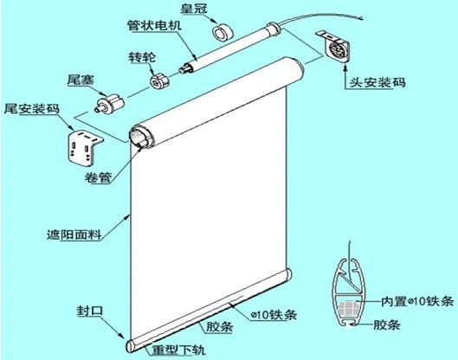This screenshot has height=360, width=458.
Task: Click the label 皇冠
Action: coord(193,9)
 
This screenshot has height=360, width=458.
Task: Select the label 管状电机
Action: coord(154,25)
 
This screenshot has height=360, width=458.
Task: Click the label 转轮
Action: coord(142,57)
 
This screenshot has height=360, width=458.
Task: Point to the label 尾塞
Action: coord(81,80)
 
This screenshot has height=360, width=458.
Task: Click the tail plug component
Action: coord(110,104)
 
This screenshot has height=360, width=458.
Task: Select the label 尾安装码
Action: coord(32,109)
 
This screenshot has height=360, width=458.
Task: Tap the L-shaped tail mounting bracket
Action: coord(85,148)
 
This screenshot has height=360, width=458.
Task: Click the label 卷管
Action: coord(98,177)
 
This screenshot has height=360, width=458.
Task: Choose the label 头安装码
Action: coord(377,82)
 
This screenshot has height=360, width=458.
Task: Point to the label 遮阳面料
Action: coord(74,235)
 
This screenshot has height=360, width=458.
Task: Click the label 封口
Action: coord(90,311)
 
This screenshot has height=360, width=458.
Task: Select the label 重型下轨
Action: coord(178,350)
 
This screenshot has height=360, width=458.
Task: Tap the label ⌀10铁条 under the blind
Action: coord(274,315)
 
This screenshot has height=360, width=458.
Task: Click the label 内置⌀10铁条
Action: coord(417,301)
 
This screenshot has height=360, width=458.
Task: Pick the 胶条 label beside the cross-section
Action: coord(387,325)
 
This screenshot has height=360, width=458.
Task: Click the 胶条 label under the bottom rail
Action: coord(220,327)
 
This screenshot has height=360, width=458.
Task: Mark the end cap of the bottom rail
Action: coord(130,346)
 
